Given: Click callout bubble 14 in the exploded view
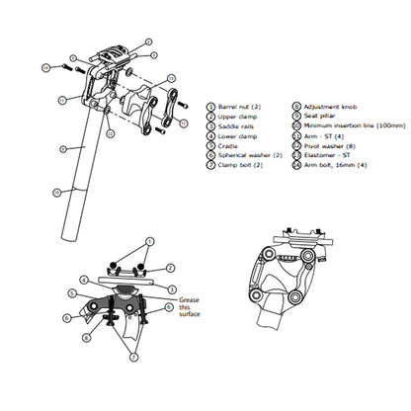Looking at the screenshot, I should coord(45,67).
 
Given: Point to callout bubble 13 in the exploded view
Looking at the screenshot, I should coord(171,78).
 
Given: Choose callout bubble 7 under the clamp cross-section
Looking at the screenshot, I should coord(133,357).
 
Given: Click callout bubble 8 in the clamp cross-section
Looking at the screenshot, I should coord(86,337).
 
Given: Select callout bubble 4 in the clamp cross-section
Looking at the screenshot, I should coord(83,280).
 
